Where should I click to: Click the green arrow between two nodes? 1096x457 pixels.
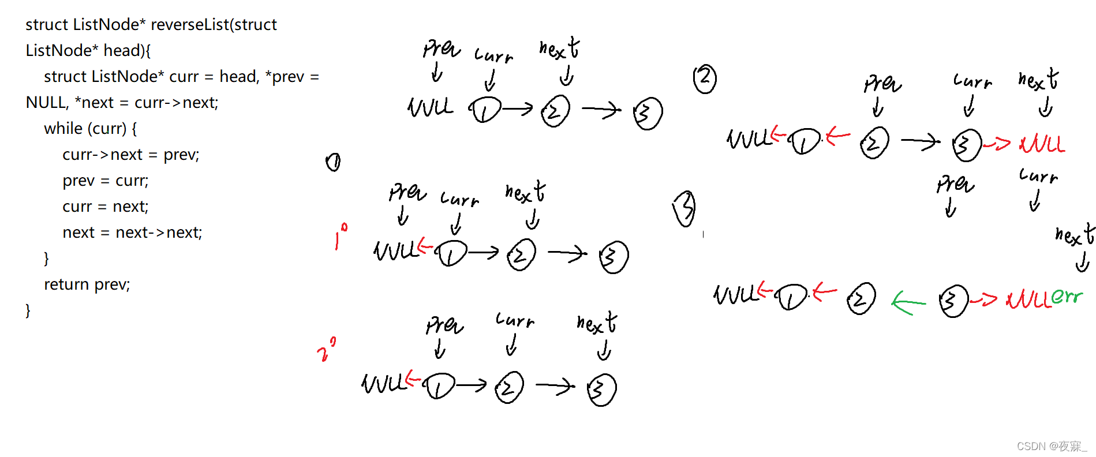click(x=908, y=302)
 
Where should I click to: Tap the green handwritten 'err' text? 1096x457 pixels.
click(x=1067, y=297)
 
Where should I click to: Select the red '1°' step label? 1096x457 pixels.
click(x=341, y=236)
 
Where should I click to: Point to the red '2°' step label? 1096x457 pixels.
click(x=326, y=350)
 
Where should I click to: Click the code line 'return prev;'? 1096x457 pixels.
click(x=87, y=284)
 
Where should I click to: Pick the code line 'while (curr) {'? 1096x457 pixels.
click(x=91, y=129)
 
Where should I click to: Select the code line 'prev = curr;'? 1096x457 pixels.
click(x=106, y=181)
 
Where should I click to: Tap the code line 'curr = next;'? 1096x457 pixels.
click(x=106, y=207)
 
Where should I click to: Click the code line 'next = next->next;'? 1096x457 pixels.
click(x=132, y=233)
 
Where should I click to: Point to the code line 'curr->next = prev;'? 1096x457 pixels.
click(x=131, y=155)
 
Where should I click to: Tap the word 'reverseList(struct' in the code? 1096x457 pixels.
click(x=214, y=25)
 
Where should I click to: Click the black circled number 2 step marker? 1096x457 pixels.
click(x=705, y=79)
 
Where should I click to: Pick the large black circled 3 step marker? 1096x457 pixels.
click(x=685, y=208)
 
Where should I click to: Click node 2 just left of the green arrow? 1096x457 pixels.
click(x=861, y=299)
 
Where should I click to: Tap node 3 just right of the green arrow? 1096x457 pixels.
click(x=953, y=301)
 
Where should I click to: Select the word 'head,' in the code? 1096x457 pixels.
click(x=240, y=77)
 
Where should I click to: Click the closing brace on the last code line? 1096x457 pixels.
click(x=28, y=310)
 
